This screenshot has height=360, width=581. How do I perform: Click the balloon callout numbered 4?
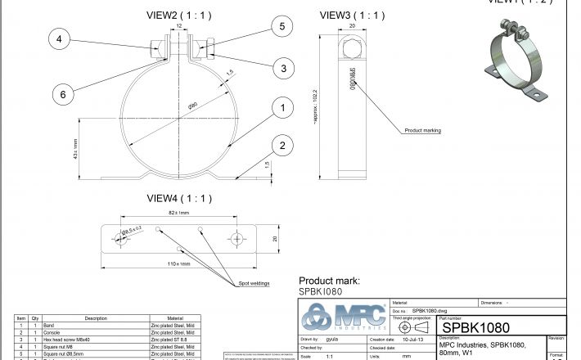point(61,38)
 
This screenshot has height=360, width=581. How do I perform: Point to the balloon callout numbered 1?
point(281,107)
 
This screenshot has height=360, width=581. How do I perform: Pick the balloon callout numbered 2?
point(281,146)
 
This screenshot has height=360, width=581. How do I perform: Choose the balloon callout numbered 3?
point(281,68)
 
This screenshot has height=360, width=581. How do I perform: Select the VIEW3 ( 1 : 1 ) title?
point(352,15)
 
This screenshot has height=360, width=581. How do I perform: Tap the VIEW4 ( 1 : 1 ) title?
point(179,198)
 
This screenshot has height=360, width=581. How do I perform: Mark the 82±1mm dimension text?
point(179,214)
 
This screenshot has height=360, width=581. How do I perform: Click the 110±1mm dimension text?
point(179,263)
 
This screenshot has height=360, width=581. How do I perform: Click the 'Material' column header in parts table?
point(175,318)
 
